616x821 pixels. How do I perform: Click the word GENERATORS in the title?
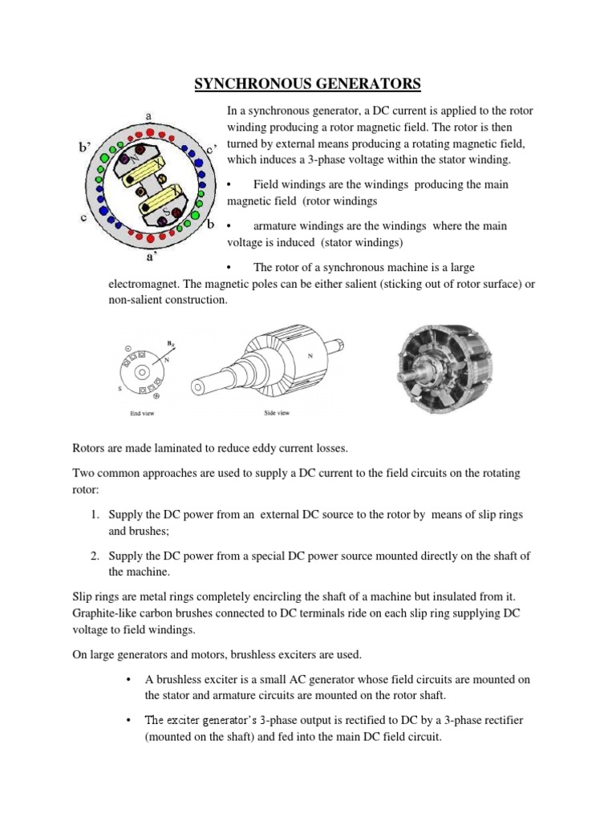pos(363,83)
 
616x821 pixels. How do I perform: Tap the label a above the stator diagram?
pos(149,115)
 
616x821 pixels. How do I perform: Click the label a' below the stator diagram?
pos(150,258)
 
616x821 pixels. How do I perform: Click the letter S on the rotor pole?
pos(166,213)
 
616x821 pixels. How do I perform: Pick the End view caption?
pos(141,413)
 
